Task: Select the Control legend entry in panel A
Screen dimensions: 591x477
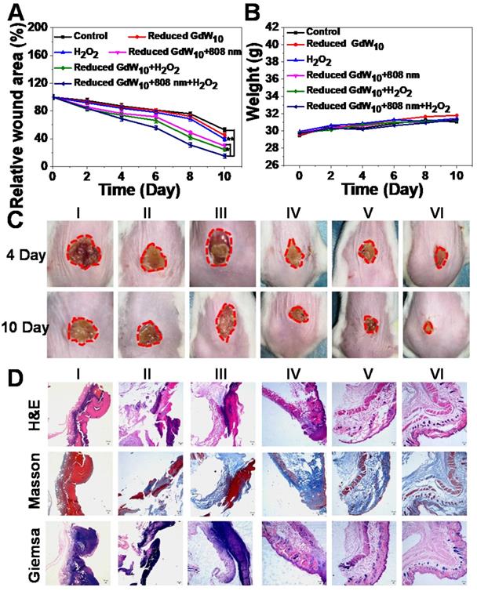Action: (87, 36)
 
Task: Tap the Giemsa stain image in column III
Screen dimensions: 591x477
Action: (224, 552)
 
